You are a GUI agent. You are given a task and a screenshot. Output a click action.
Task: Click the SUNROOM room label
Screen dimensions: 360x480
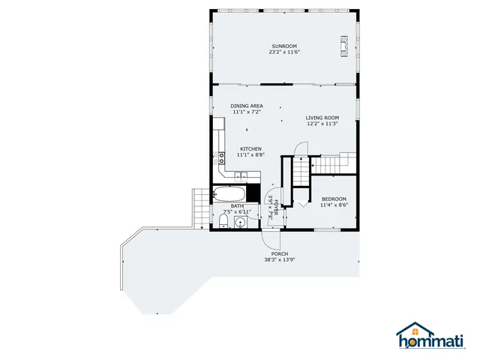point(283,46)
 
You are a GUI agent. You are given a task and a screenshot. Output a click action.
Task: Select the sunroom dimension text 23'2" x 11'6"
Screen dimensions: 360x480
point(283,52)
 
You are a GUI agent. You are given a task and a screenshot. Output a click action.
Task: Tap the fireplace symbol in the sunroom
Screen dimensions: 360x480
point(344,45)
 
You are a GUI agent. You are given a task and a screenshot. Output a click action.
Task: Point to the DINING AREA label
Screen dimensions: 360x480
point(246,106)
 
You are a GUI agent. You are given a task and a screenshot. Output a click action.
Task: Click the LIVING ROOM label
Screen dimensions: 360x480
point(322,117)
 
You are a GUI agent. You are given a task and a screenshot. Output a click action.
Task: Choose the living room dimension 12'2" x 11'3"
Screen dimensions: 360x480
point(322,124)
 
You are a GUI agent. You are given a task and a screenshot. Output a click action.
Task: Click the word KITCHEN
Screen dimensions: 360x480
point(250,148)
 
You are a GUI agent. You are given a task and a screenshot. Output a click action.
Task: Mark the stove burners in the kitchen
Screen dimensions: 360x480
point(221,157)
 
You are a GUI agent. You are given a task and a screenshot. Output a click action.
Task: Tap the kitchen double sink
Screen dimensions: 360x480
point(239,175)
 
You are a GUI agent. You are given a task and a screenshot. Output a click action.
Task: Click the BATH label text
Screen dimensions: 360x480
point(237,205)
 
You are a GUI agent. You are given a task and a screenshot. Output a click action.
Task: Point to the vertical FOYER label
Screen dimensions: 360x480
point(276,208)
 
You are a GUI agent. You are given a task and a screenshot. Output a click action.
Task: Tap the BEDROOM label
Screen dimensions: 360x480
point(334,199)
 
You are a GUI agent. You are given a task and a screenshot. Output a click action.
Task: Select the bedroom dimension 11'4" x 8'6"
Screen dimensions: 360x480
point(334,205)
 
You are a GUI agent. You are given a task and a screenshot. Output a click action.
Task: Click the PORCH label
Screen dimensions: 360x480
point(279,253)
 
